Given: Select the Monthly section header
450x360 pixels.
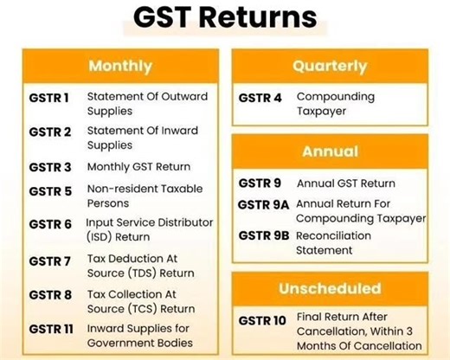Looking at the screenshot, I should [x=119, y=66].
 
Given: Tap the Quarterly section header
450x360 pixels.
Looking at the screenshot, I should [x=329, y=66].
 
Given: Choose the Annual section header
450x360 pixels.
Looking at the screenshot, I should [x=329, y=151].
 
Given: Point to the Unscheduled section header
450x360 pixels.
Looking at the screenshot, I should [x=329, y=288].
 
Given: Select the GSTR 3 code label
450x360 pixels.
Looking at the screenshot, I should [x=49, y=167].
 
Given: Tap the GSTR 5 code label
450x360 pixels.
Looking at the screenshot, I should [x=49, y=190].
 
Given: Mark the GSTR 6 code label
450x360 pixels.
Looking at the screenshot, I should [x=49, y=225].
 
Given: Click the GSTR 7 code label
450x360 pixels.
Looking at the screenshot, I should [x=49, y=260].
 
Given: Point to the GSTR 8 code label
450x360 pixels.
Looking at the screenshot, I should [x=49, y=295].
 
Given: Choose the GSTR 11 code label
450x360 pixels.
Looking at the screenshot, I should [x=51, y=329].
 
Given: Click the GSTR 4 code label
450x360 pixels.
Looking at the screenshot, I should [x=260, y=97].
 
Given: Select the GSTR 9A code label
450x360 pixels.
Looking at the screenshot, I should [x=264, y=205].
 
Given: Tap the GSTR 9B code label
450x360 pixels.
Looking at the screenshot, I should [x=264, y=235].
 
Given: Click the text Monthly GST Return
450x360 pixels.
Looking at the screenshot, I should [x=138, y=167].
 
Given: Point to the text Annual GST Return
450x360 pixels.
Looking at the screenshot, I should [x=345, y=183].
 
